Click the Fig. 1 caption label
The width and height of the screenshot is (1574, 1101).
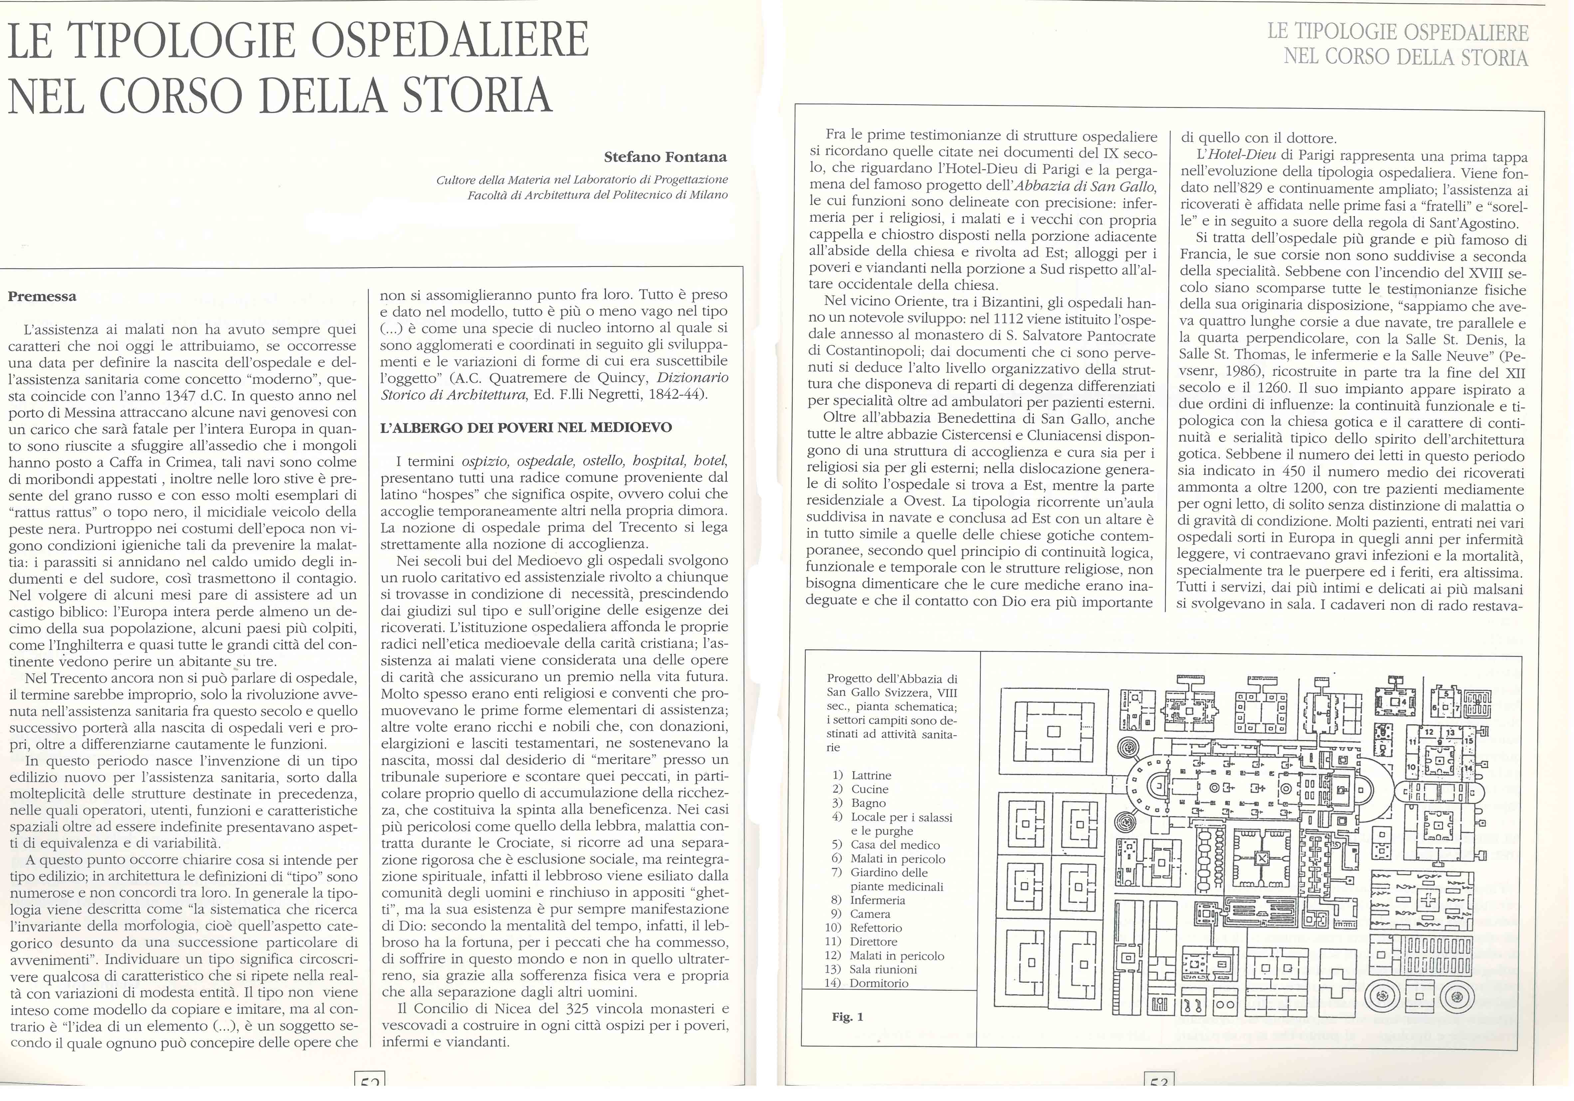[x=847, y=1017]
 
